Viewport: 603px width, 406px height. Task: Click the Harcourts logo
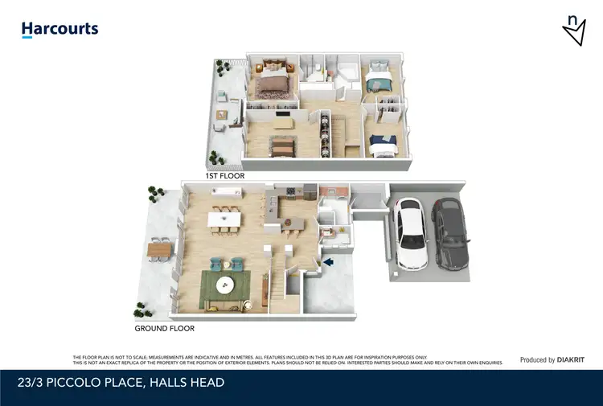(59, 30)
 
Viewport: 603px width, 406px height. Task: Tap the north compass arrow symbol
(573, 30)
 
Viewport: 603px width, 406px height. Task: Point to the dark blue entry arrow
(327, 261)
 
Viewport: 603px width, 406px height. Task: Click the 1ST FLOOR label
(225, 175)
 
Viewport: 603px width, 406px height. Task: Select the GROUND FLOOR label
(164, 328)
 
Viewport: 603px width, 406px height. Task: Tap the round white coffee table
(224, 283)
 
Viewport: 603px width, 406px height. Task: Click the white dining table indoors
(224, 219)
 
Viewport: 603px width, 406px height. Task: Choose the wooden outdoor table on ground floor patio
(159, 252)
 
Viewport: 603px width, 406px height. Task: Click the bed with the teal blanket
(377, 82)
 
